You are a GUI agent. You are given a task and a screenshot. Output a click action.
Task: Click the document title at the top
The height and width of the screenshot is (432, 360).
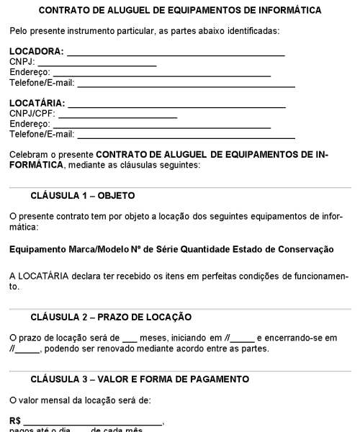click(180, 11)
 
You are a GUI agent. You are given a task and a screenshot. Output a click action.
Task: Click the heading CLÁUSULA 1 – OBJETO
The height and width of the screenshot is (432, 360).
click(83, 196)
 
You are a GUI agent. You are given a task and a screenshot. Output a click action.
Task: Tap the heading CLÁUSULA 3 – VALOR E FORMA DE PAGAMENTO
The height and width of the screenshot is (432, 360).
click(140, 379)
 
